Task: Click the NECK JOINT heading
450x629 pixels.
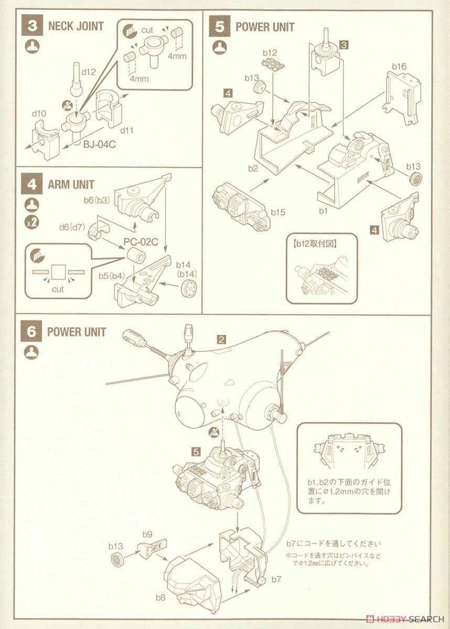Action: [76, 26]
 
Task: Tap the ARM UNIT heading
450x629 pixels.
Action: [71, 185]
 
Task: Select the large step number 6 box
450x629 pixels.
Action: [31, 332]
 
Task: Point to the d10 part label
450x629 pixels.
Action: [39, 114]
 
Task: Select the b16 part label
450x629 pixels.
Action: [399, 67]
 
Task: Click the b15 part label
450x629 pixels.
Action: [278, 212]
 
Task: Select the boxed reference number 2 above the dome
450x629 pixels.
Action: [222, 339]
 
